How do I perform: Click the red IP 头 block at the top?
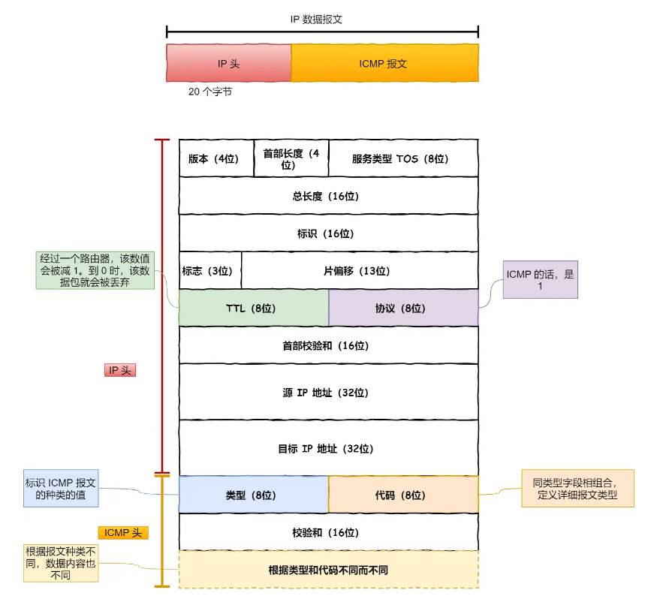pos(228,63)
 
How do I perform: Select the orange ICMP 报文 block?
pos(384,63)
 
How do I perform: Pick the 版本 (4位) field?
pos(215,158)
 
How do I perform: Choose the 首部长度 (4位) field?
pos(291,158)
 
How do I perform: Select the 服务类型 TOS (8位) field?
pos(403,158)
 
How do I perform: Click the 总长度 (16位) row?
pos(328,196)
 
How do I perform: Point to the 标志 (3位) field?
pos(209,270)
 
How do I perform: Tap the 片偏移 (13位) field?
pos(360,270)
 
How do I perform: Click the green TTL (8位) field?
pos(253,308)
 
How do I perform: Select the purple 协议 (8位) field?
pos(403,308)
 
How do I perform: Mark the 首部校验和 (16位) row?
pos(328,345)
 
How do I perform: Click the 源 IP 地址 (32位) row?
pos(328,392)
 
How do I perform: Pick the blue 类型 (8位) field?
pos(253,495)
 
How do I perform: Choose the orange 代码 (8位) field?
pos(403,495)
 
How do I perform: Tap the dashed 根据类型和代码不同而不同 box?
pos(328,570)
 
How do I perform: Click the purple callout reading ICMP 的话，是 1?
pos(540,280)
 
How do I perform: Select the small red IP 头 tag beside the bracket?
pos(120,370)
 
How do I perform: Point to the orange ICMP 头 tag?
pos(123,532)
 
